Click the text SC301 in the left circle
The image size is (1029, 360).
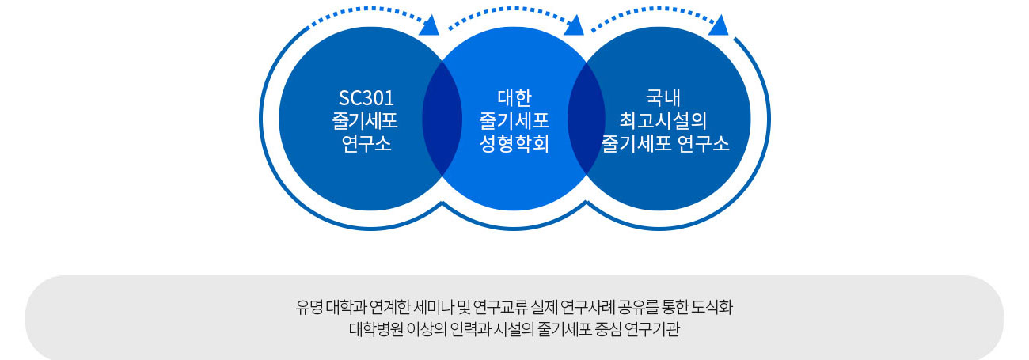[x=366, y=98]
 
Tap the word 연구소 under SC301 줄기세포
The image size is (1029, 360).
[x=366, y=144]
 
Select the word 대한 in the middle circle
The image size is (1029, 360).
[x=514, y=97]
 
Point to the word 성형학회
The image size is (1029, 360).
[x=514, y=143]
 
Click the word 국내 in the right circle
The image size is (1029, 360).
[x=663, y=97]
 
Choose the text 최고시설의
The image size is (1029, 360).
[x=663, y=120]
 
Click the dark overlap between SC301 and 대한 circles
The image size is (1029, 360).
[x=442, y=119]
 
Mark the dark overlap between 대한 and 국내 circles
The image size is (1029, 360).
[x=587, y=119]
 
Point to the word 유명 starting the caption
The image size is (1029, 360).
[x=309, y=307]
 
